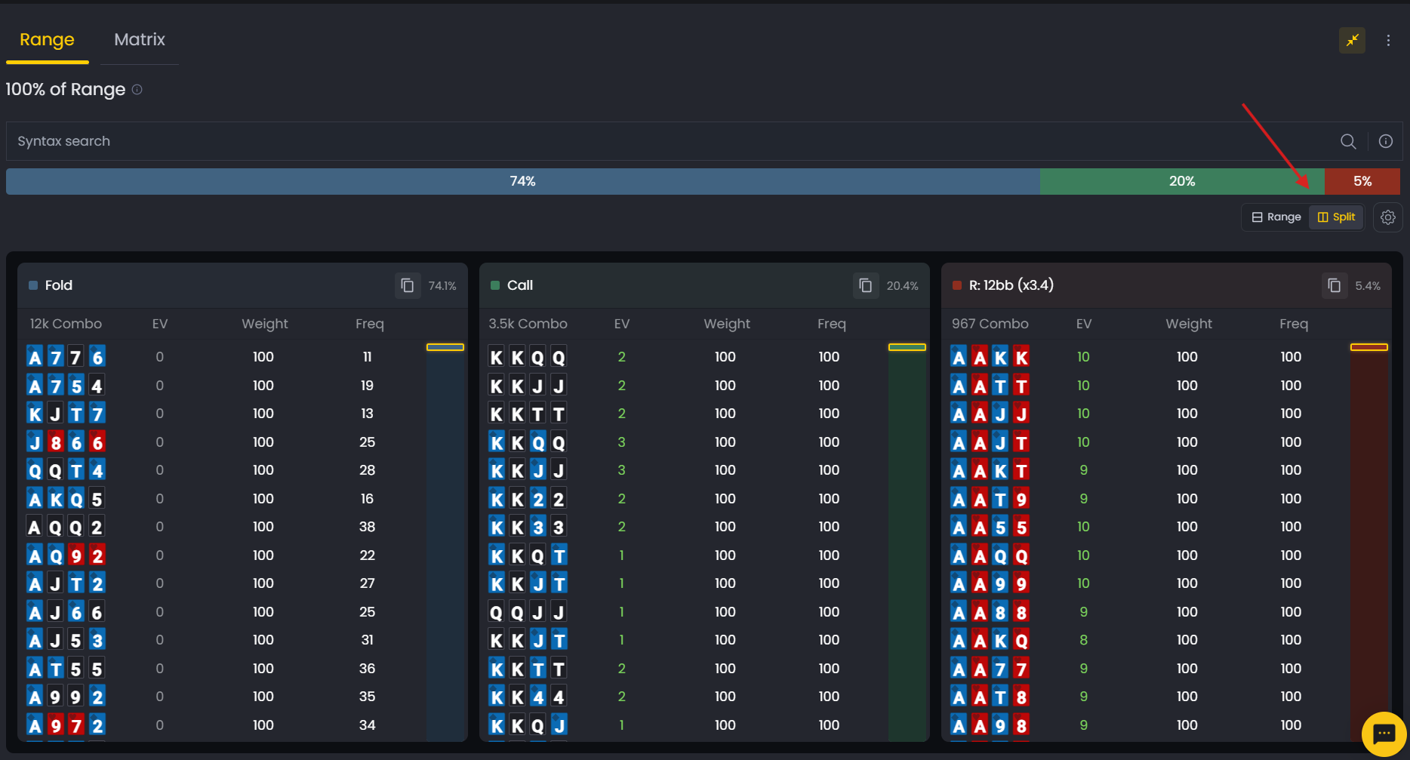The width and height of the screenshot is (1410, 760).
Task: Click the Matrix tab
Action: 139,40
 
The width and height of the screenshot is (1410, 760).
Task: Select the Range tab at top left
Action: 47,40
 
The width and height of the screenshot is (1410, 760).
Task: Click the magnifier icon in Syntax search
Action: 1347,141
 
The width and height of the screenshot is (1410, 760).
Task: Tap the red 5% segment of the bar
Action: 1362,181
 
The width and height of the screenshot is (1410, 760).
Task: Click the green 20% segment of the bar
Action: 1181,181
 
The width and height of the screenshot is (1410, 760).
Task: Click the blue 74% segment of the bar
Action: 522,181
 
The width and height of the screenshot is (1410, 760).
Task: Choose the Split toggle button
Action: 1336,217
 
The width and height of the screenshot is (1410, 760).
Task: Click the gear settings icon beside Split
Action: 1387,217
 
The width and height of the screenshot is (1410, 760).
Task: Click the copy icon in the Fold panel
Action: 408,285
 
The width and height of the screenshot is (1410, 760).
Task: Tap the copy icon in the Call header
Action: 866,285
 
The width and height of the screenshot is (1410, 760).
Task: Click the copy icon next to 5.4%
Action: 1334,285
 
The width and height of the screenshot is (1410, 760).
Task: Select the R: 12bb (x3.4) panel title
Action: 1011,285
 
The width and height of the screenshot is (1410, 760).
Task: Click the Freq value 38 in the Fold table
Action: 367,527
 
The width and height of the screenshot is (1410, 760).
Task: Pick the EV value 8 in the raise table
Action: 1083,640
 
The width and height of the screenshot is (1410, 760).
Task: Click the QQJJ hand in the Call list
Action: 527,612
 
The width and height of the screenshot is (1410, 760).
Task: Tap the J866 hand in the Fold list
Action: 66,442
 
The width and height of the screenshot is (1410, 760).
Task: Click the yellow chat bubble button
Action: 1383,733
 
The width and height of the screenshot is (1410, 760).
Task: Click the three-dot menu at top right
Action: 1387,41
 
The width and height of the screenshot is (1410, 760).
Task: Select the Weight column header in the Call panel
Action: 726,324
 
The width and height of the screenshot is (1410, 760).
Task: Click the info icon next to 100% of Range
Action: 137,90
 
